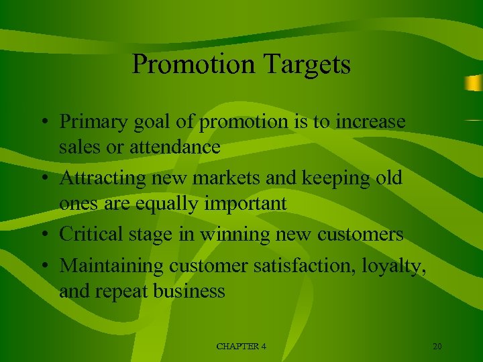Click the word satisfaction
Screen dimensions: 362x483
(306, 266)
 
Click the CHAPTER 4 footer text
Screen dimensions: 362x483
(241, 346)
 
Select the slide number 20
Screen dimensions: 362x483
(437, 346)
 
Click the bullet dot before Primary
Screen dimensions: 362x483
(42, 123)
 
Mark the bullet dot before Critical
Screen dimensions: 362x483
(42, 235)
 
